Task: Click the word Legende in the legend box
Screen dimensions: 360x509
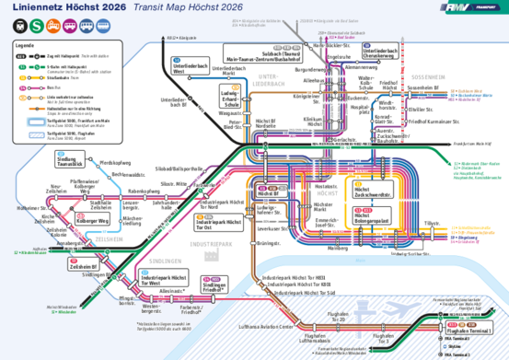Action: click(25, 45)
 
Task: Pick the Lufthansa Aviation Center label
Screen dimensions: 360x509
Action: click(267, 326)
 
